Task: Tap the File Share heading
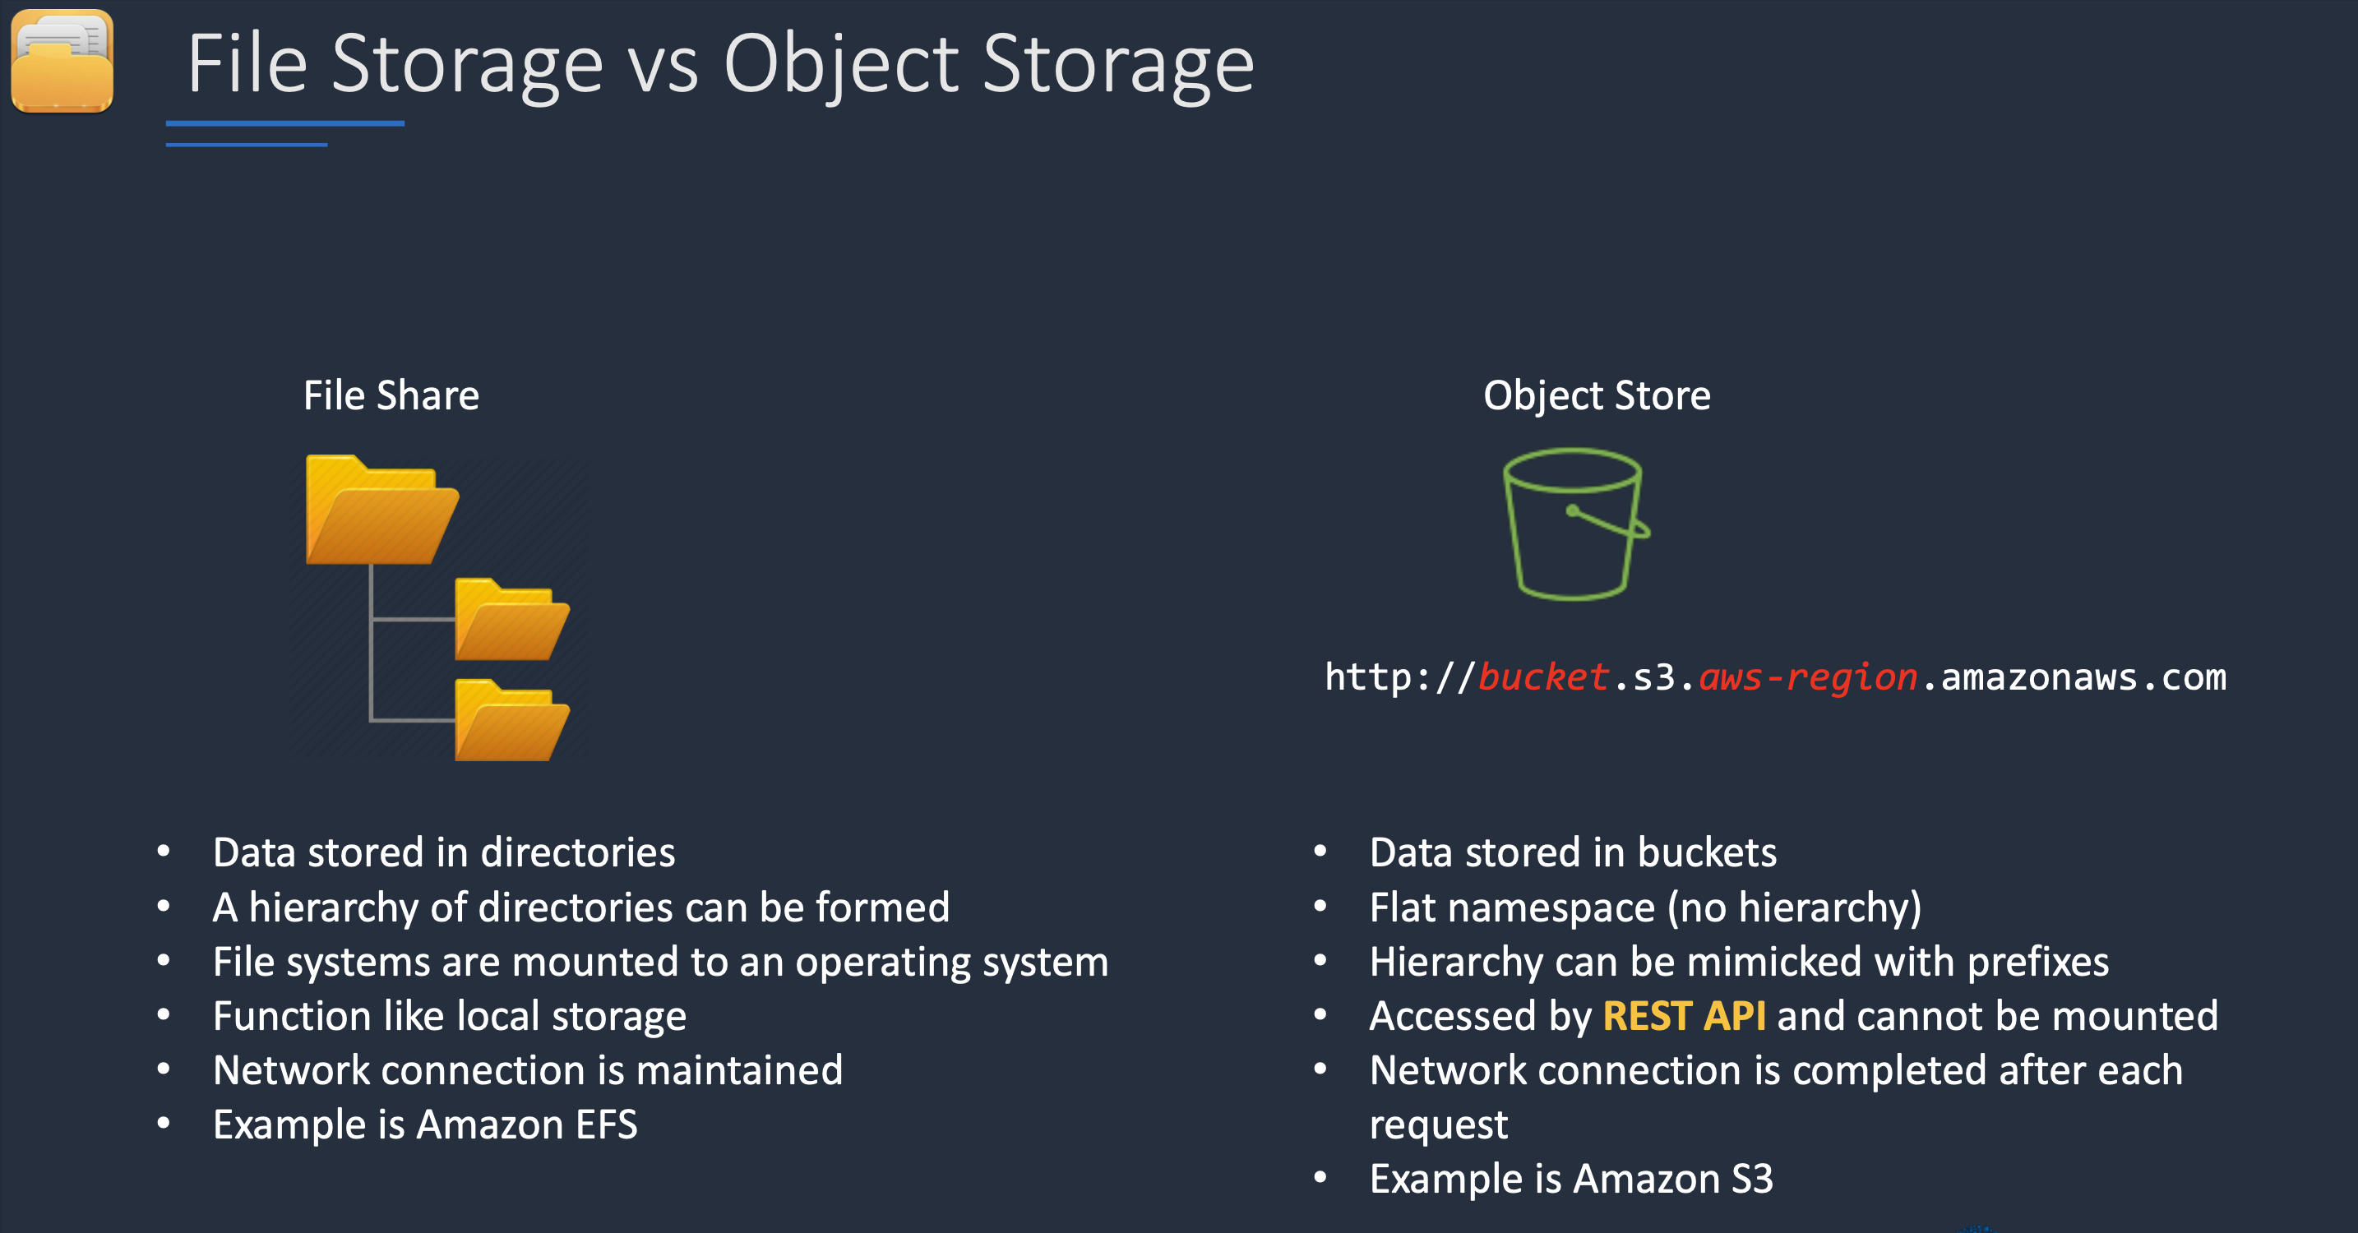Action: coord(391,395)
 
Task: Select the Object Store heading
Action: coord(1597,396)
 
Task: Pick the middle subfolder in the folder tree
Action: coord(511,619)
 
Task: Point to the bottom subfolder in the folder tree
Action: coord(511,719)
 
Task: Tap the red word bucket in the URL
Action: coord(1543,677)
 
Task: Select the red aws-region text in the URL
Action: coord(1808,678)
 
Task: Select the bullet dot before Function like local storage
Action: coord(164,1014)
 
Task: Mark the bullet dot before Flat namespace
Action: coord(1320,906)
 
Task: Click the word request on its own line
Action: coord(1438,1126)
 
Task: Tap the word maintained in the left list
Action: coord(740,1070)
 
